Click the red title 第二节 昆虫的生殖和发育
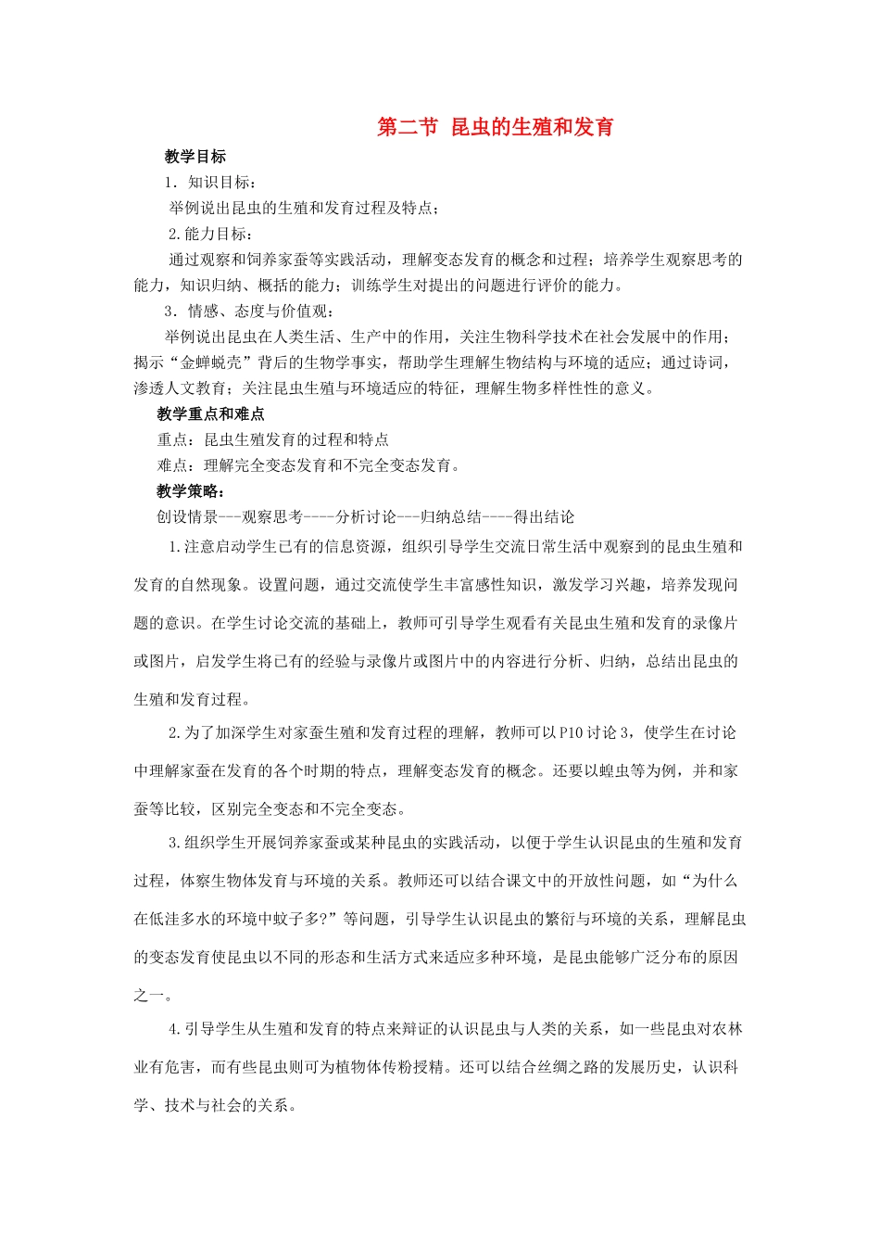pos(495,127)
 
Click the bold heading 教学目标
pos(195,157)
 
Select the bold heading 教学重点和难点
pos(210,414)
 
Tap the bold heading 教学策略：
pos(191,491)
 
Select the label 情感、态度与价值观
pos(257,311)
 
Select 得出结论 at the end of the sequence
pos(544,517)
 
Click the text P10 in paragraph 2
pos(572,732)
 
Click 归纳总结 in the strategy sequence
pos(450,517)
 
